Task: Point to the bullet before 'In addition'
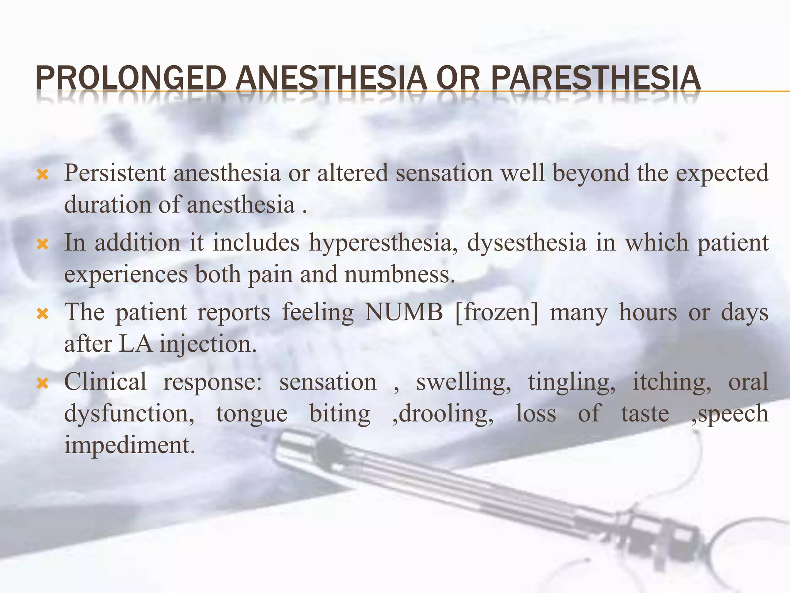tap(42, 245)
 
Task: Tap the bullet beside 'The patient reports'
tap(42, 314)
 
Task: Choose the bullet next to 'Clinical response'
tap(42, 384)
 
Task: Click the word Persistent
tap(115, 173)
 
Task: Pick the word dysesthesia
tap(527, 243)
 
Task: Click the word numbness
tap(400, 274)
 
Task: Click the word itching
tap(672, 382)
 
